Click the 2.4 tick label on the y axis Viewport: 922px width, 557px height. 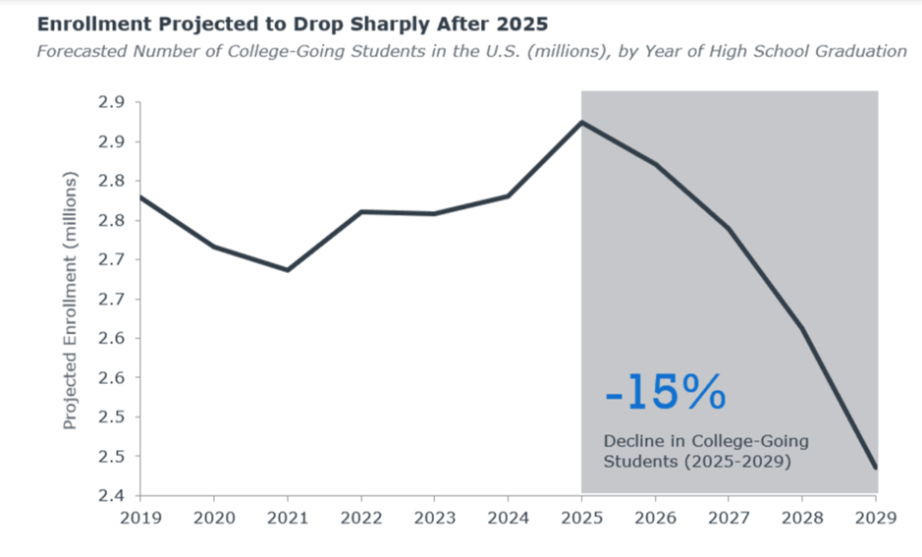[x=109, y=495]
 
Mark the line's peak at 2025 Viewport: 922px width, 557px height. [x=582, y=122]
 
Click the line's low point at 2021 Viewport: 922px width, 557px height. [x=288, y=270]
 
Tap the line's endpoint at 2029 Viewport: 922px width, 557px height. [x=876, y=469]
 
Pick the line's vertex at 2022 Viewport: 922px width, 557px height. [x=361, y=211]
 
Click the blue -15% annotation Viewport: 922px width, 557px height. [x=665, y=394]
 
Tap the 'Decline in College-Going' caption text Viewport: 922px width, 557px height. [x=706, y=442]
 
